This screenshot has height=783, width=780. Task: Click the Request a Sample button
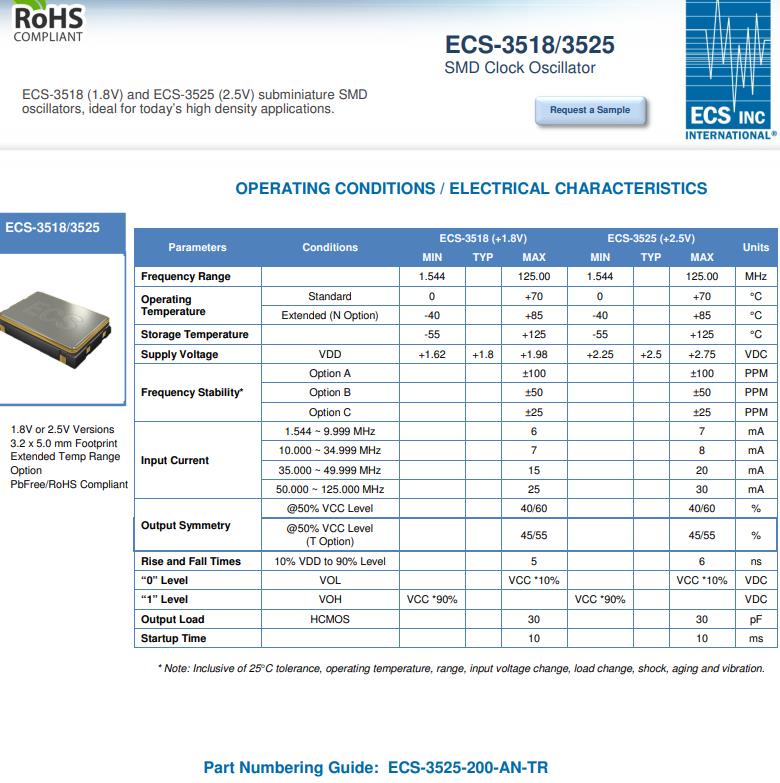pos(590,110)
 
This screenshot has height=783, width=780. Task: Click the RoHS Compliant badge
pos(47,21)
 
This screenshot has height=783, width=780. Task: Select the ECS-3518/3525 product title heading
pos(529,45)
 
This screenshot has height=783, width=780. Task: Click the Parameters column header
pos(197,247)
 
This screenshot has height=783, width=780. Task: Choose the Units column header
pos(756,247)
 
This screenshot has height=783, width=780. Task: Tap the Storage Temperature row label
pos(195,334)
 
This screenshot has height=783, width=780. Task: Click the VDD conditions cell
pos(330,354)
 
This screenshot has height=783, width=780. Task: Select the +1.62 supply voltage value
pos(432,354)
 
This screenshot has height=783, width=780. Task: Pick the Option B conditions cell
pos(330,393)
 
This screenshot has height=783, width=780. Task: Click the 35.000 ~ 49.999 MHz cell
pos(330,470)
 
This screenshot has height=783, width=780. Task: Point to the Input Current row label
pos(175,461)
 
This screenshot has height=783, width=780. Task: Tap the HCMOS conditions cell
pos(330,619)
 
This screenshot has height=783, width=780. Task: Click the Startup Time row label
pos(174,638)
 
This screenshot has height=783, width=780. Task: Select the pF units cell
pos(756,619)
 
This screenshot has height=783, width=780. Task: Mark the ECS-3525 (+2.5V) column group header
pos(650,238)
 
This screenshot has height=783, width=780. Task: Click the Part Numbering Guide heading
pos(375,768)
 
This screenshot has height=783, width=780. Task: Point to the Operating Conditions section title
pos(471,188)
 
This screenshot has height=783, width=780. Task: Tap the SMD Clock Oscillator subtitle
pos(519,68)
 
